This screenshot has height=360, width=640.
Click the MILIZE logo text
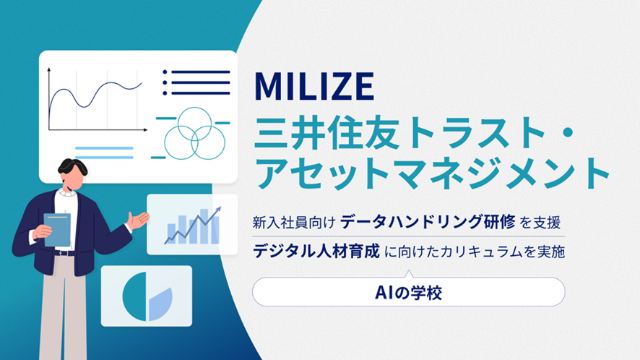tap(314, 86)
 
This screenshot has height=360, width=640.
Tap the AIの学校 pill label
tap(409, 292)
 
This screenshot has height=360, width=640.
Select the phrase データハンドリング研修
tap(428, 222)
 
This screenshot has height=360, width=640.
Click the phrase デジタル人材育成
tap(316, 251)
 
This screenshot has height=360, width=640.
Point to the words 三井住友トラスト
tap(399, 133)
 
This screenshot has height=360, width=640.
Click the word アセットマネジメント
tap(432, 172)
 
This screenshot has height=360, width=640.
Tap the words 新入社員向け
tap(294, 223)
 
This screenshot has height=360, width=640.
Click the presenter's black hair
tap(73, 167)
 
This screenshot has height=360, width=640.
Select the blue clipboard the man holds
tap(57, 230)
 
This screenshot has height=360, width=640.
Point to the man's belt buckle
tap(62, 253)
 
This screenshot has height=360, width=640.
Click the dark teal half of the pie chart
tap(134, 296)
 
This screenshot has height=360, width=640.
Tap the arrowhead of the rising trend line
tap(218, 210)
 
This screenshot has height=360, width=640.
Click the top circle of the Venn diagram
tap(195, 124)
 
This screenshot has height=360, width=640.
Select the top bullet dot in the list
tap(165, 72)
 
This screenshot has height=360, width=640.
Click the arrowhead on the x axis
tap(145, 130)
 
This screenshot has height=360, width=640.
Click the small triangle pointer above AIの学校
tap(409, 274)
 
